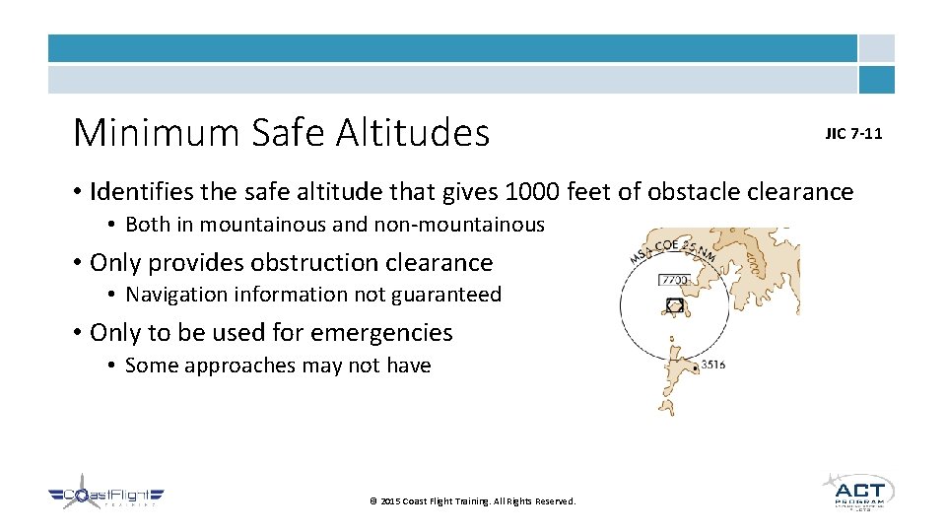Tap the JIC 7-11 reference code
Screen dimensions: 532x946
tap(853, 134)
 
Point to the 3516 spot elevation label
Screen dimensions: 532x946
tap(713, 366)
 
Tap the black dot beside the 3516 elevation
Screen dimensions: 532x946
tap(697, 366)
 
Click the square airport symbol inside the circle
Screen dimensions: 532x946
tap(674, 305)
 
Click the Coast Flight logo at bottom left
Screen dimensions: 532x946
tap(106, 496)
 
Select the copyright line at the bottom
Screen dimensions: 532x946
tap(472, 501)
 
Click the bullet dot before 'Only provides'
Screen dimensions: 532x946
tap(78, 263)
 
